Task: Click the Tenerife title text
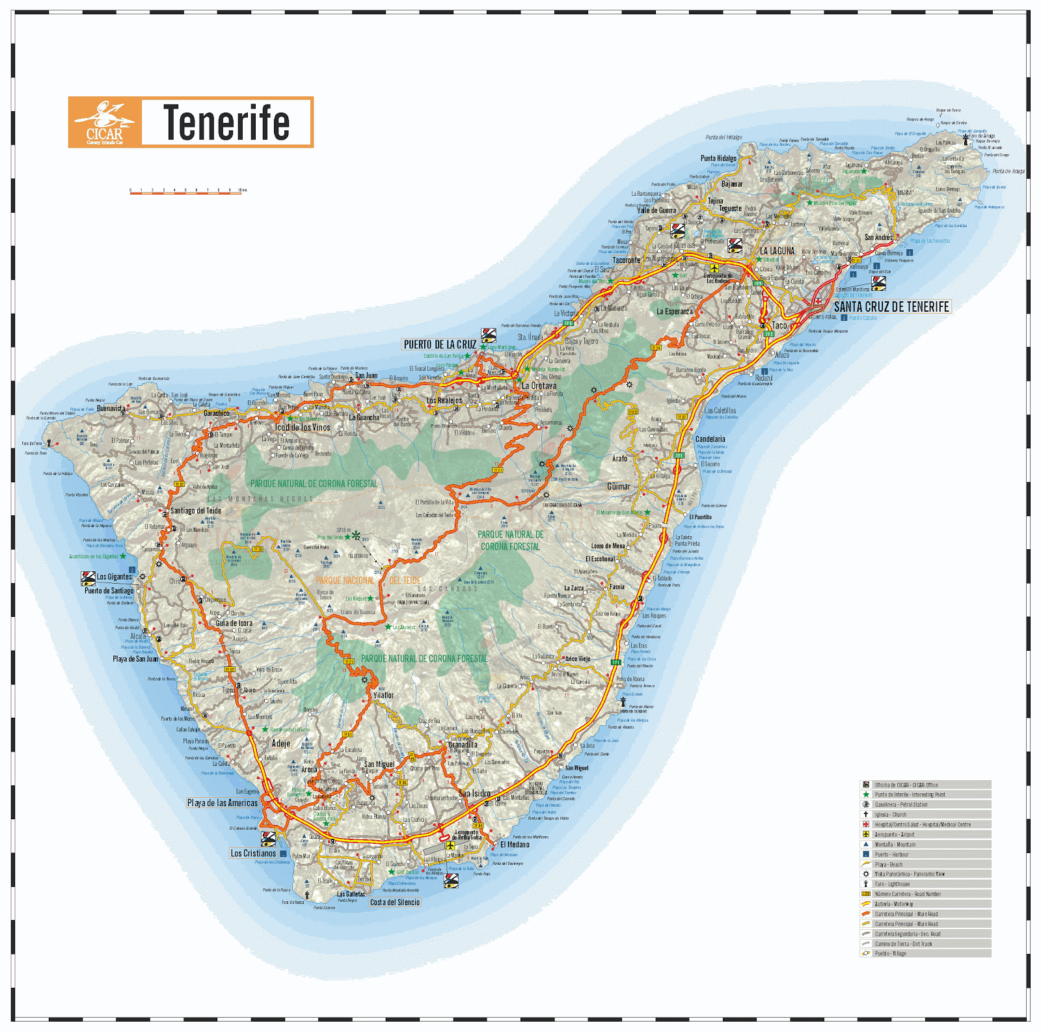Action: (226, 122)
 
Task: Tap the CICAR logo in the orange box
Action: (105, 122)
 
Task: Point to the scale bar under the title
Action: (187, 192)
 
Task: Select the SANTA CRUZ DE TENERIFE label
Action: (891, 306)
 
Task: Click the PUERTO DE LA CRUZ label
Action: (440, 344)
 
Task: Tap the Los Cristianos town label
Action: (253, 853)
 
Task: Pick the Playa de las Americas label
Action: (223, 803)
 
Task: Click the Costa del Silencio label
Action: (395, 903)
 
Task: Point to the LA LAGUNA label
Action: (777, 251)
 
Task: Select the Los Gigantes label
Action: (115, 577)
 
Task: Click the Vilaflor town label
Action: (383, 695)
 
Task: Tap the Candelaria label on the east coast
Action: (710, 439)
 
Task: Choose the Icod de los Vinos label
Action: (303, 428)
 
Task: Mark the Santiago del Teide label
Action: (196, 511)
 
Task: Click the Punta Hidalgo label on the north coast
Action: (718, 158)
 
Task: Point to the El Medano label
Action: (515, 845)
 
